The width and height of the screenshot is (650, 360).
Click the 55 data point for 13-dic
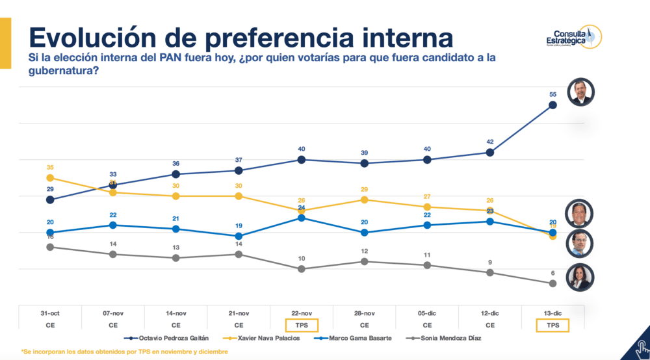pyautogui.click(x=552, y=105)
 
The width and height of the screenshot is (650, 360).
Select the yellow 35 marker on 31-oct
pyautogui.click(x=50, y=177)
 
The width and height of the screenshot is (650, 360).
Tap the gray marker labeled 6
pyautogui.click(x=552, y=283)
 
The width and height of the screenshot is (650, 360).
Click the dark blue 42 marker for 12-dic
pyautogui.click(x=489, y=152)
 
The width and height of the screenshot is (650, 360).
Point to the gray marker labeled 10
pyautogui.click(x=302, y=268)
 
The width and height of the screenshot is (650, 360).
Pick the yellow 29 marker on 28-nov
pyautogui.click(x=364, y=199)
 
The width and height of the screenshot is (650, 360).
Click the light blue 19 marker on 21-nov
pyautogui.click(x=239, y=236)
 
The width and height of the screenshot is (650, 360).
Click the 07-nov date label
pyautogui.click(x=113, y=313)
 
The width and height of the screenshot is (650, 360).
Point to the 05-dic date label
pyautogui.click(x=427, y=313)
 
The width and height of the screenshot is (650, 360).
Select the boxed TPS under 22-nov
pyautogui.click(x=302, y=324)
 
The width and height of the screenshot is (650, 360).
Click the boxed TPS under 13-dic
pyautogui.click(x=552, y=324)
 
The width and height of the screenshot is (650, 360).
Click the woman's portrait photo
pyautogui.click(x=580, y=277)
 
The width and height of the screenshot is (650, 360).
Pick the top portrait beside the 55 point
pyautogui.click(x=580, y=92)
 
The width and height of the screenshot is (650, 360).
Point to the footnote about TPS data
pyautogui.click(x=123, y=352)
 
